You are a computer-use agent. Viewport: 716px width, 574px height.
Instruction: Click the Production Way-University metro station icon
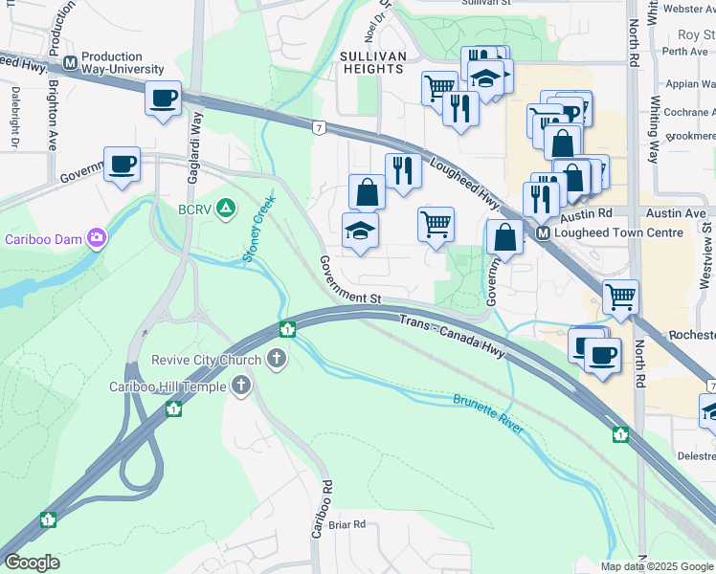(x=70, y=63)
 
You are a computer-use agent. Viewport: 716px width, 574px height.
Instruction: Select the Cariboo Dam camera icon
(x=96, y=238)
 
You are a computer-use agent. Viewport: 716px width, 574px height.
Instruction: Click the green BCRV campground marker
(x=226, y=207)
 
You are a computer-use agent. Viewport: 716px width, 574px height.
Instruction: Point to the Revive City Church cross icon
(x=277, y=360)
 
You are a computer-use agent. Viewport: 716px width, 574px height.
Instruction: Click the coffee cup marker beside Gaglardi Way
(x=163, y=99)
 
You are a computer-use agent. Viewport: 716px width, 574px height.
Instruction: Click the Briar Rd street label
(x=347, y=524)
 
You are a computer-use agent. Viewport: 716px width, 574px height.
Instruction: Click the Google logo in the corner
(x=32, y=563)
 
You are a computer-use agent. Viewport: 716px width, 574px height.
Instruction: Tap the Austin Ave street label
(x=682, y=212)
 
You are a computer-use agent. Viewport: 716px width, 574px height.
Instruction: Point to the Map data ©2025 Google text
(x=657, y=566)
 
